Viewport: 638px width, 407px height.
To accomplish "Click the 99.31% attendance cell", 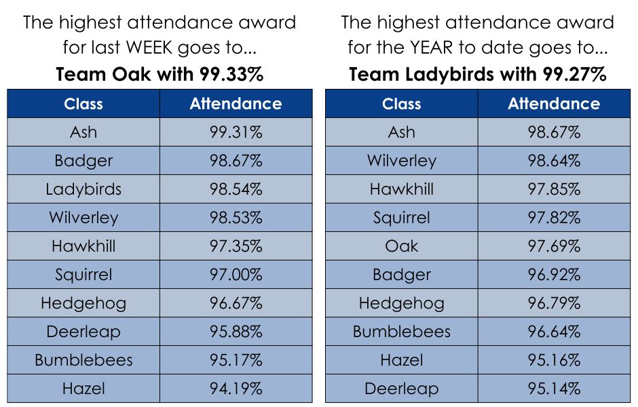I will click(236, 132).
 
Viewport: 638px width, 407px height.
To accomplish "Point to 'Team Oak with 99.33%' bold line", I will click(159, 75).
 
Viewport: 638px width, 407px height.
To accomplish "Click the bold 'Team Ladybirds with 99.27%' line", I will click(477, 75).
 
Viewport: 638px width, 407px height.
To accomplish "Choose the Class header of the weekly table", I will click(83, 104).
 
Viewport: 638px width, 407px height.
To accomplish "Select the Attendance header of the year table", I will click(554, 104).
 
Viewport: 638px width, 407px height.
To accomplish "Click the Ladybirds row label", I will click(83, 189).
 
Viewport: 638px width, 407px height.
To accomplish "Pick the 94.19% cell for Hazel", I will click(236, 389).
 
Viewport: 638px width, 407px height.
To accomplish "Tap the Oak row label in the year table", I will click(402, 246).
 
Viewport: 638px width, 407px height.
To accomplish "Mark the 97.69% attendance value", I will click(554, 246).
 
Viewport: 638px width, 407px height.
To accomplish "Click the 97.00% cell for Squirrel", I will click(236, 275).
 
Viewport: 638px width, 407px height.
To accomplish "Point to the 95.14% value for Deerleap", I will click(554, 389).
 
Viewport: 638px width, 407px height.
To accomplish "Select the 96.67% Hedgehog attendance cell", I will click(236, 303).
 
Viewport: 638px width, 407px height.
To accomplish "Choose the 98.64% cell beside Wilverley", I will click(554, 161).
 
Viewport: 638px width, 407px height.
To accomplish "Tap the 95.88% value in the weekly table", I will click(236, 332).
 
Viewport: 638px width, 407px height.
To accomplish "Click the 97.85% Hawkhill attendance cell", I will click(554, 189).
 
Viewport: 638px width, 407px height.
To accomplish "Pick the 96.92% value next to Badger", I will click(554, 275).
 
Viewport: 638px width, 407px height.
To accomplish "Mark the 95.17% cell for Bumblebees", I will click(236, 360).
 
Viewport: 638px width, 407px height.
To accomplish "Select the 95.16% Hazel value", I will click(554, 360).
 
